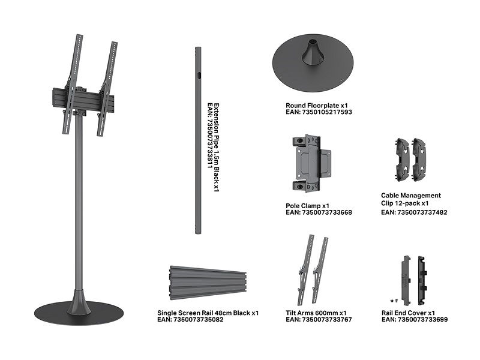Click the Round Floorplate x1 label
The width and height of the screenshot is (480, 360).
(x=317, y=106)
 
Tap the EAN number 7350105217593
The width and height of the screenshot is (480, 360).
(x=327, y=112)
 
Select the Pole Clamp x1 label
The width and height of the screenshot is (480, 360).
(x=307, y=206)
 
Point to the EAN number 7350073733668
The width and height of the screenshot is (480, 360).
(x=327, y=212)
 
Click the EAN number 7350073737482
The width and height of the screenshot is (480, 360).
(x=422, y=212)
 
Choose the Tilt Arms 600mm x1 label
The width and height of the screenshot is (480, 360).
(x=316, y=313)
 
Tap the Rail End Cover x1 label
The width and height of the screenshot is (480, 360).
(x=408, y=313)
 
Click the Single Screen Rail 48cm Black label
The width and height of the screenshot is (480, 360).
(x=203, y=313)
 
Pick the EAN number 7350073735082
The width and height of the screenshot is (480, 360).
(x=199, y=320)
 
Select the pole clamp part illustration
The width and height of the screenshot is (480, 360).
(x=311, y=163)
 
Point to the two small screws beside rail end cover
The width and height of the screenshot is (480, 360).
(x=394, y=301)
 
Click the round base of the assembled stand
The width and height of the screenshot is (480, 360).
(x=79, y=313)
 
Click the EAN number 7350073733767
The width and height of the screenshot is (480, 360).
(x=327, y=320)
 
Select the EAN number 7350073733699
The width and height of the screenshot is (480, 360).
(x=422, y=320)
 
